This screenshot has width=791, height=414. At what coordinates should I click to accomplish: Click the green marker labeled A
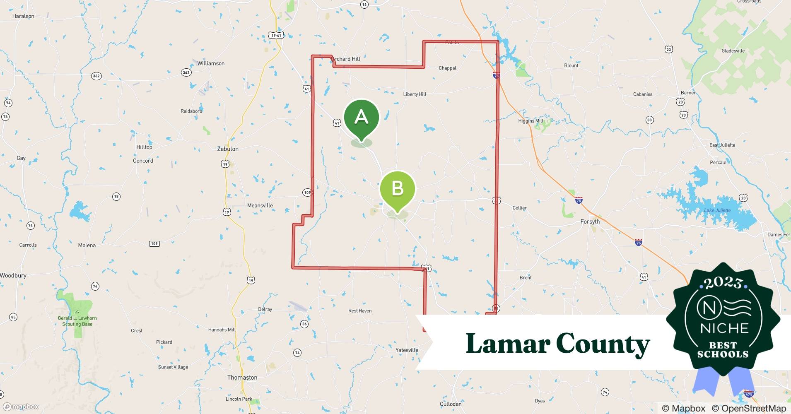pos(361,117)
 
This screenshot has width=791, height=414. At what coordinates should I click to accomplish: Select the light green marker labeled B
pos(397,189)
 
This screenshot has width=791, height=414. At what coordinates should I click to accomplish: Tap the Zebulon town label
pos(228,149)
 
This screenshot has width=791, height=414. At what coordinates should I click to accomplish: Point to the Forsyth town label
pos(590,221)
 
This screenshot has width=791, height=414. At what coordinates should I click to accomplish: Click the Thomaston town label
pos(242,378)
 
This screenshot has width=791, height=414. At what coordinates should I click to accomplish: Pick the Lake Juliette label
pos(717,210)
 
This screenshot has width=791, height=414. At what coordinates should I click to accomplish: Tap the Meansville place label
pos(260,206)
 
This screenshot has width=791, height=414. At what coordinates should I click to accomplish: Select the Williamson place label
pos(211,63)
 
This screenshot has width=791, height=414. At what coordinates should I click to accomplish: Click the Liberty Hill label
pos(415,94)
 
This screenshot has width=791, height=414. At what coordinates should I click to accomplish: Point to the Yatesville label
pos(407,350)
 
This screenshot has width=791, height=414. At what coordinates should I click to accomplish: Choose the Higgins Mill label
pos(531,121)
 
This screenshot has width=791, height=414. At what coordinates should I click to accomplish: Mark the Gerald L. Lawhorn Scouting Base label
pos(77,321)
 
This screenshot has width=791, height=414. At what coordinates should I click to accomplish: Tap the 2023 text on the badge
pos(723,283)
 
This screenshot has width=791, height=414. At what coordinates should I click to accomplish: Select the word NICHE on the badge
pos(724,328)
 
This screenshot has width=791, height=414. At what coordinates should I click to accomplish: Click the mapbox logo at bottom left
pos(21,407)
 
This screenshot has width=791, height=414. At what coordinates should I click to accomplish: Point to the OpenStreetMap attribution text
pos(753,408)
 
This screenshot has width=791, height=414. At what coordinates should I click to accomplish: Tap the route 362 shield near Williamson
pos(186,72)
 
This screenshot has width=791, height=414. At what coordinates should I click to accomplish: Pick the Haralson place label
pos(23,16)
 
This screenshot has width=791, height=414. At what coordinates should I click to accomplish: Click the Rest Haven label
pos(360,311)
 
